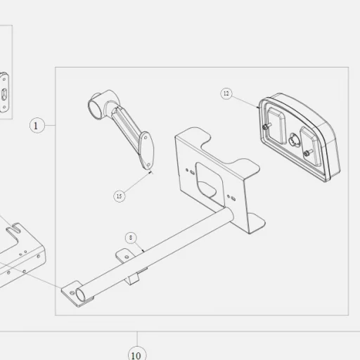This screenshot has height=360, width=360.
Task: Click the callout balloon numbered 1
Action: [x=37, y=126]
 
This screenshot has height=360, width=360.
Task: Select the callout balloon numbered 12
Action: [x=226, y=94]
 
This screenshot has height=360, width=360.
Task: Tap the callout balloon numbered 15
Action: [x=120, y=196]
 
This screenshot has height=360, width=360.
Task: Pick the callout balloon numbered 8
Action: [x=131, y=238]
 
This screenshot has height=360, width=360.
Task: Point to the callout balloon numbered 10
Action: [x=137, y=354]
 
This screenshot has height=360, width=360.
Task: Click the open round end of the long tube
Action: [x=80, y=295]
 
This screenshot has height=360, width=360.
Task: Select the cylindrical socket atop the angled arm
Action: [x=97, y=104]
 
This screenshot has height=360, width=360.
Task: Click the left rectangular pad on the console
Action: [x=276, y=125]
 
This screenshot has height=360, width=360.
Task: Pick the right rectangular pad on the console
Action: [x=311, y=146]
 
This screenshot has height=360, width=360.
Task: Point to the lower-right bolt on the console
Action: [x=307, y=153]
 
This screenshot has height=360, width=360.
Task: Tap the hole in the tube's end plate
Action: [x=72, y=292]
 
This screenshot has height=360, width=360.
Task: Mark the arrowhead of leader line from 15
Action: [x=150, y=173]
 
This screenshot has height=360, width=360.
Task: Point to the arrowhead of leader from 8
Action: [x=143, y=251]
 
